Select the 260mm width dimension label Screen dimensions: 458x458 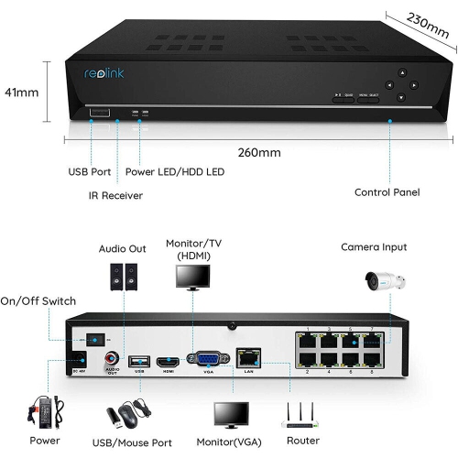click(260, 152)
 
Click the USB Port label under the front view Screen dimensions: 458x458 click(89, 170)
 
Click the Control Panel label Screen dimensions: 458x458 click(387, 192)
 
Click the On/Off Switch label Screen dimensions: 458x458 click(38, 300)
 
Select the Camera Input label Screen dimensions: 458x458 click(374, 247)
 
